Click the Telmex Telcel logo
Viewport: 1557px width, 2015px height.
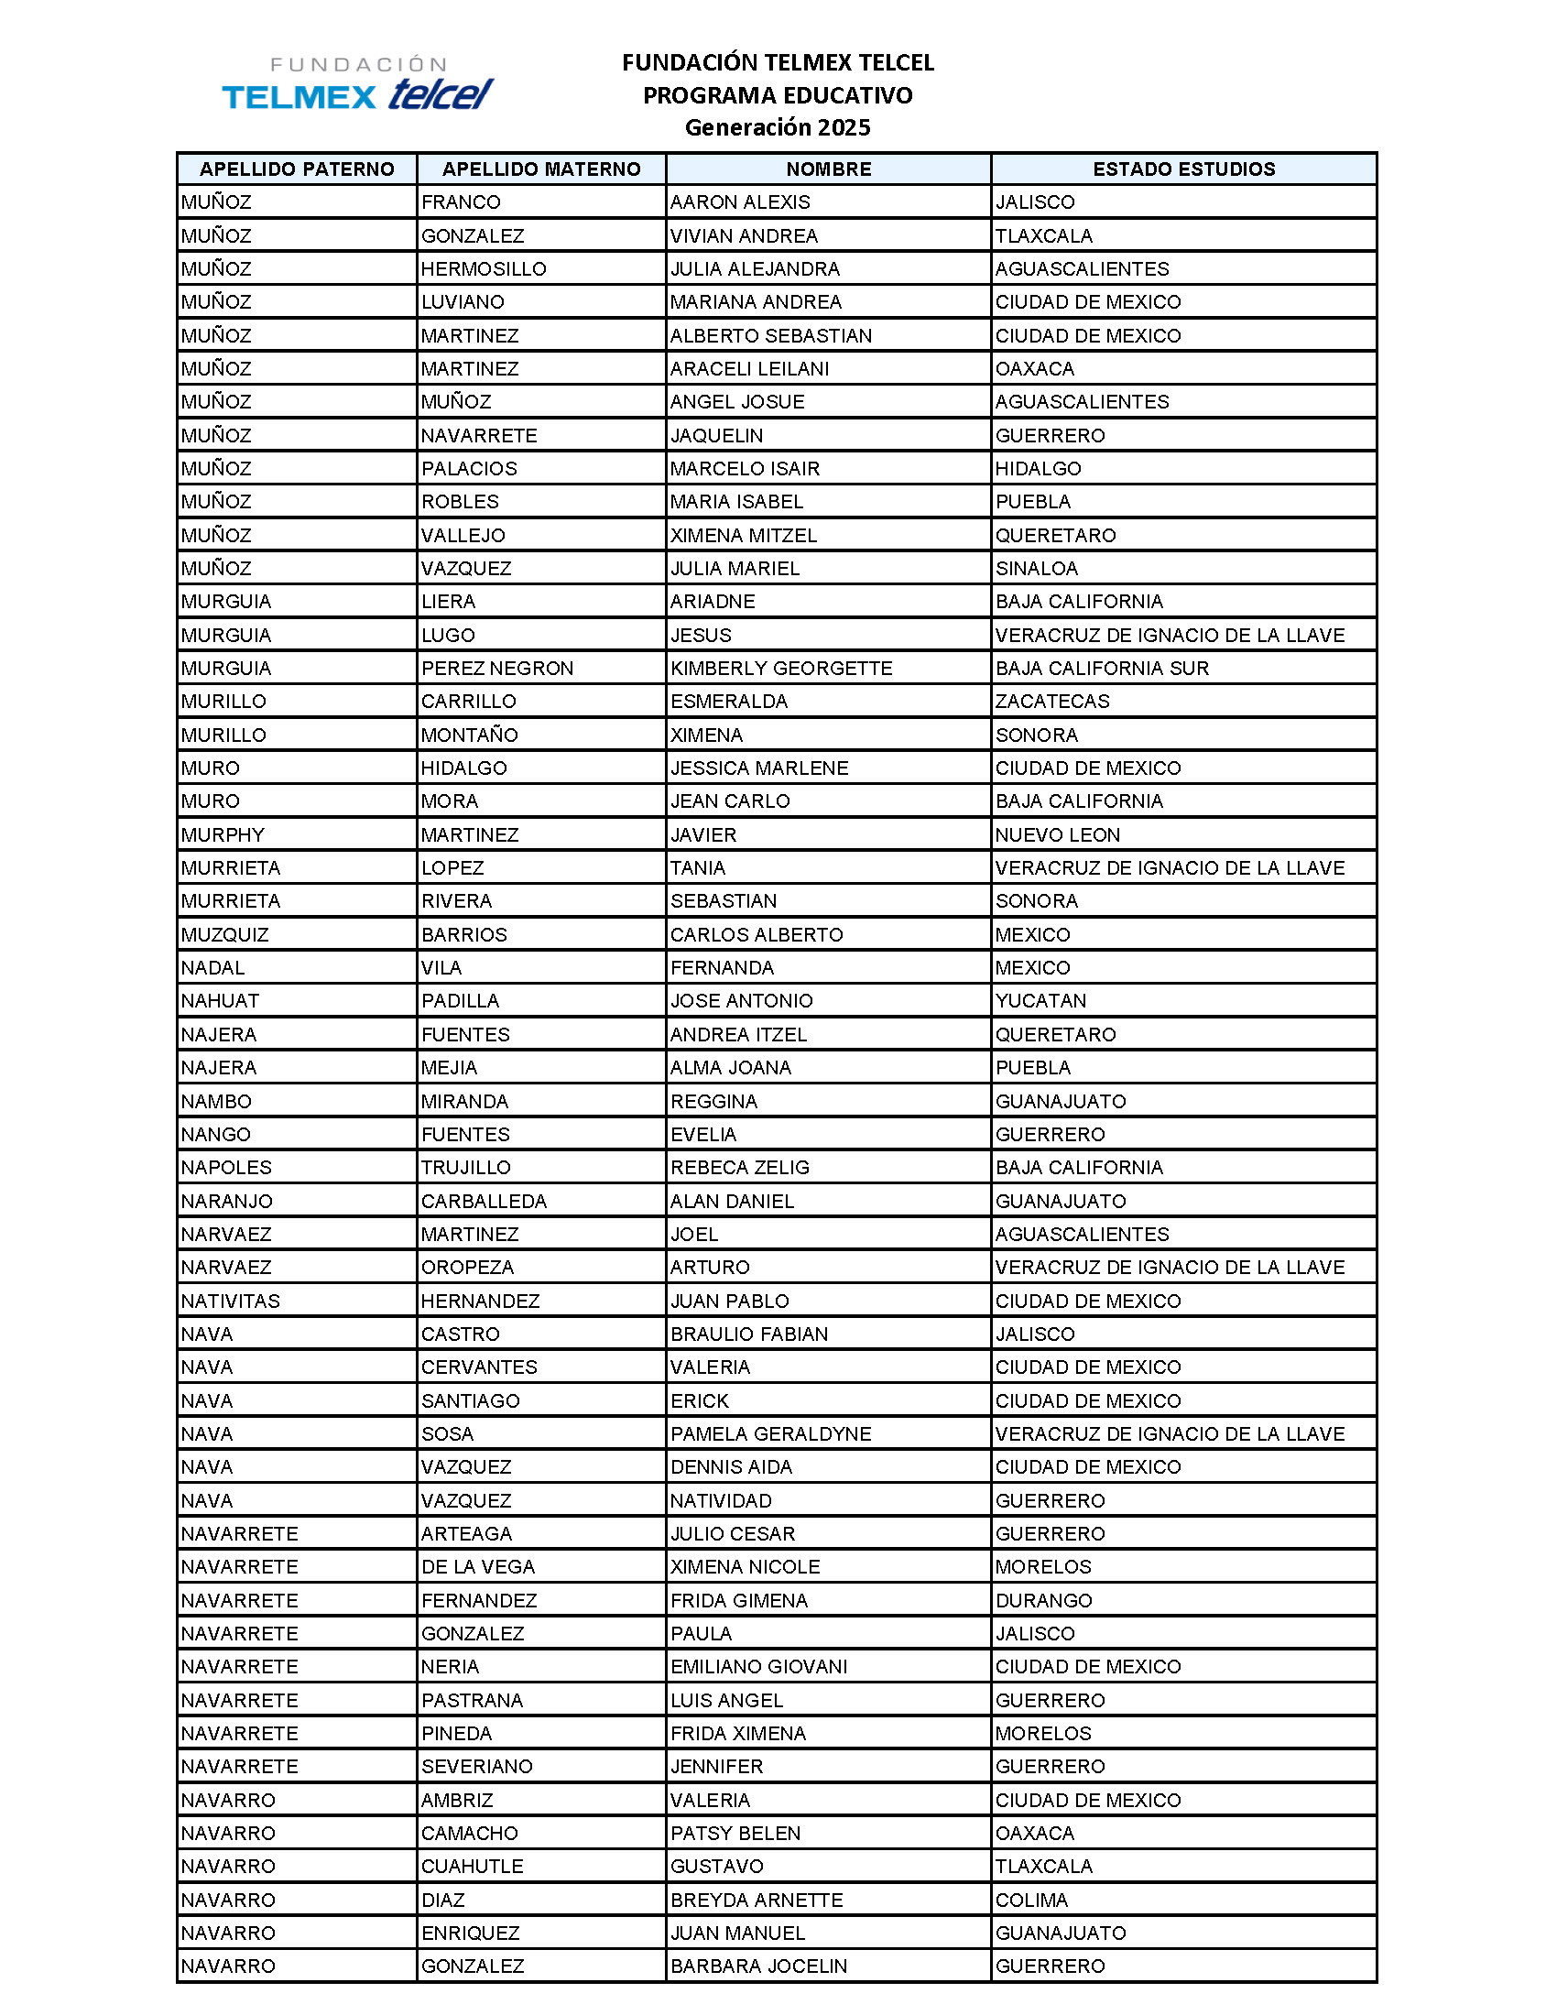[357, 84]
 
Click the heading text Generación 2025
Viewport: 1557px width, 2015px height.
[777, 127]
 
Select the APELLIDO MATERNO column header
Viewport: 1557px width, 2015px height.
[541, 169]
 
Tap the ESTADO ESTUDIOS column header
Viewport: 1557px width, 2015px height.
[1183, 169]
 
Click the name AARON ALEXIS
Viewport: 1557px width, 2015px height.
[740, 202]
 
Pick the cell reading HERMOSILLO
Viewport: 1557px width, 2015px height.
[484, 268]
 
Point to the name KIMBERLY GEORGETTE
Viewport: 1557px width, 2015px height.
[781, 668]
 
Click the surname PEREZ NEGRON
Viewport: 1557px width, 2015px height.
[497, 668]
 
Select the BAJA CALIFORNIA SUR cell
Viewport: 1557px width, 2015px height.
[1101, 668]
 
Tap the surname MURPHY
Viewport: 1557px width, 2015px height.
[223, 835]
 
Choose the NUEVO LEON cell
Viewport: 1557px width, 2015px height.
[1057, 835]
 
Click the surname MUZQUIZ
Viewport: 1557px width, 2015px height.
[225, 934]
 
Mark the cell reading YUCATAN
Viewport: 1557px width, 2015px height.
[1040, 1001]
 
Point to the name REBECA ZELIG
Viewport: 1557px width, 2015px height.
[740, 1167]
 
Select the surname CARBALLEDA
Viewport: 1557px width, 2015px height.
[485, 1202]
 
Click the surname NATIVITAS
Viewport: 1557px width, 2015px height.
[231, 1301]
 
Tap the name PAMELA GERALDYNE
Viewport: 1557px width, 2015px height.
[771, 1433]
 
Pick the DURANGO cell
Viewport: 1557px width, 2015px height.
[1043, 1601]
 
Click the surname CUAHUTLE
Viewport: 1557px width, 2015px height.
[473, 1867]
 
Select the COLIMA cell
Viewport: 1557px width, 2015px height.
[1031, 1900]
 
